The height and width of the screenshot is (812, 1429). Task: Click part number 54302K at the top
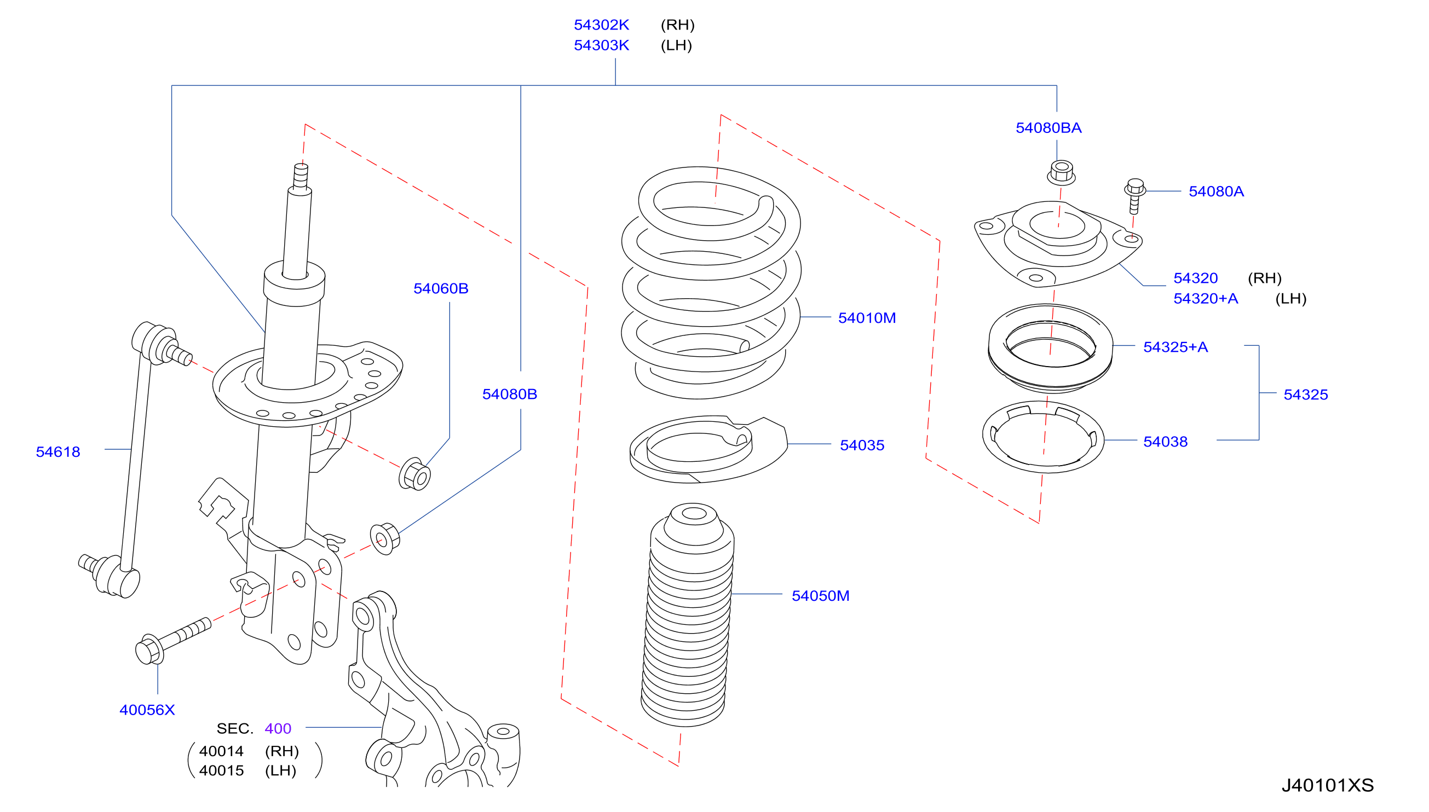coord(601,25)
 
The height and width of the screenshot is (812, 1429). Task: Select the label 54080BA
coord(1048,127)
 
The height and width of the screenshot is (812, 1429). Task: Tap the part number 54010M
coord(867,318)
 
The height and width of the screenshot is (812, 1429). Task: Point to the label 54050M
coord(820,596)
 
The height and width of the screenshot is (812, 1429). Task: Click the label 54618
coord(58,452)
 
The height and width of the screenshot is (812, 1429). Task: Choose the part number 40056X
coord(147,710)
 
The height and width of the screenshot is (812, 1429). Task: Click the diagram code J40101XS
coord(1328,785)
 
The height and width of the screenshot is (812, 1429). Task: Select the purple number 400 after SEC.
coord(278,728)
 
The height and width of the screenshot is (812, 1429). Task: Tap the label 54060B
coord(441,288)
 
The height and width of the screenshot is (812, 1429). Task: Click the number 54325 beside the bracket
coord(1306,395)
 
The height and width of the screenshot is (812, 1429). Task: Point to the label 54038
coord(1165,442)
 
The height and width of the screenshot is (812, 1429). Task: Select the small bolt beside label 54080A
coord(1134,196)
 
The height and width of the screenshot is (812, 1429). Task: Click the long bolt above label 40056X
coord(173,641)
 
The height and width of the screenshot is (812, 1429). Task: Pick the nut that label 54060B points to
coord(414,474)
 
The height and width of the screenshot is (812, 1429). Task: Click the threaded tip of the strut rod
coord(301,175)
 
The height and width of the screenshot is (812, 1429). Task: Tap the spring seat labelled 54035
coord(708,449)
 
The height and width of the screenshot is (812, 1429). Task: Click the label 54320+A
coord(1205,298)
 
